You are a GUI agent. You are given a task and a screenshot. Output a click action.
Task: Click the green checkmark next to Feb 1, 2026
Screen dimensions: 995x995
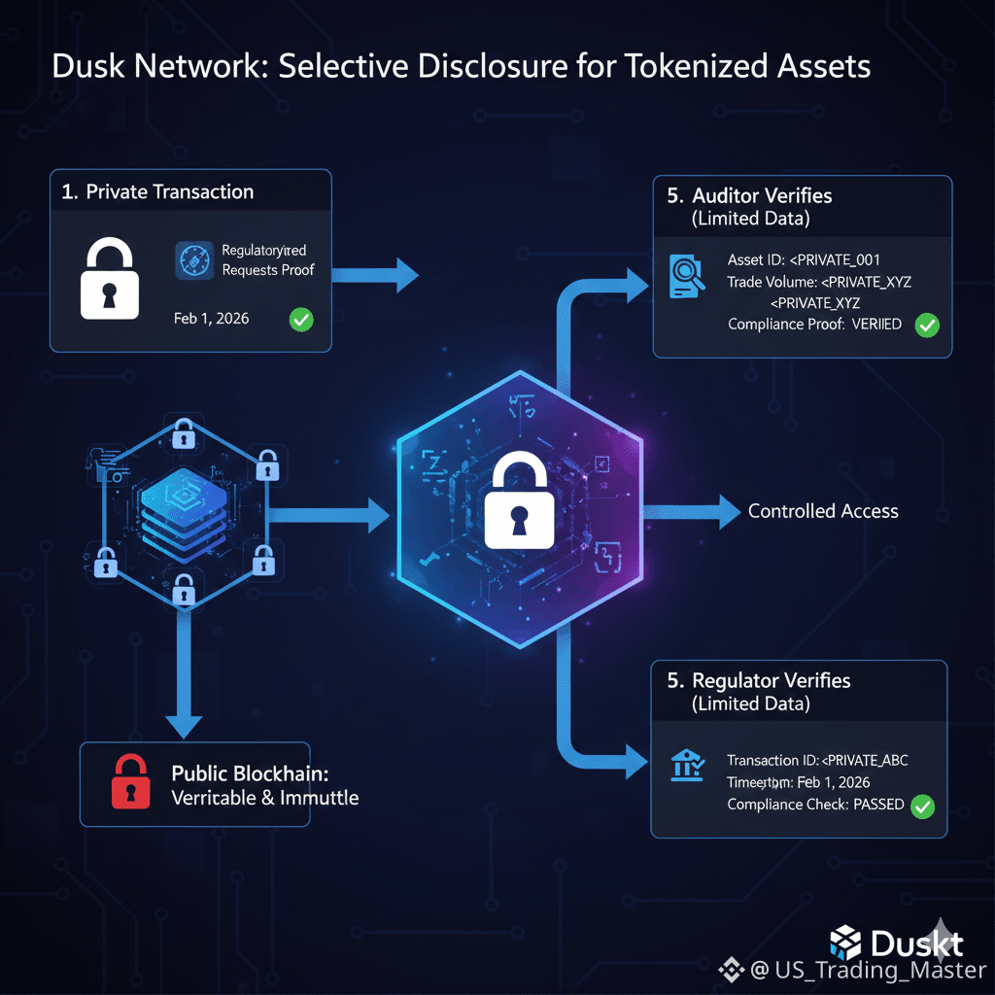(x=301, y=319)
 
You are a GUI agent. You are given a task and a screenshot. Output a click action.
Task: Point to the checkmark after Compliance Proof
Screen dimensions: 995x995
(x=927, y=325)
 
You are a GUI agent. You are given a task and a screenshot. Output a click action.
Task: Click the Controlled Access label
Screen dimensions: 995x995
(x=823, y=511)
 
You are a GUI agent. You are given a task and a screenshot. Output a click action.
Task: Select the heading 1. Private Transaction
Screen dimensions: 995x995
(x=157, y=191)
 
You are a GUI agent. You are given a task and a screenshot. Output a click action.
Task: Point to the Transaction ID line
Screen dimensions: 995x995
(x=817, y=760)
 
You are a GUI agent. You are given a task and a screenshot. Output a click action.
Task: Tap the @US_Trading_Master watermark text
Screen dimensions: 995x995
(x=868, y=970)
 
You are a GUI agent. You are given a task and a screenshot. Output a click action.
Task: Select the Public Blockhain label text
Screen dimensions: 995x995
(x=251, y=774)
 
